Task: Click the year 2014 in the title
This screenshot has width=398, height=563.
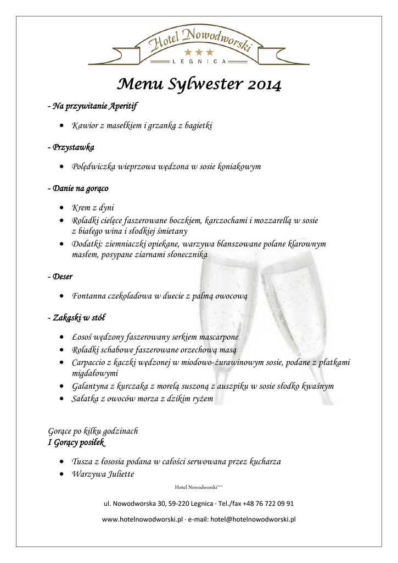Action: tap(262, 85)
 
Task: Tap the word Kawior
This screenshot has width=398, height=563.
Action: tap(85, 126)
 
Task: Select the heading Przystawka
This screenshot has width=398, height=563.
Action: tap(71, 147)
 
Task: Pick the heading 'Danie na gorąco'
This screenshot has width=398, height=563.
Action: tap(78, 189)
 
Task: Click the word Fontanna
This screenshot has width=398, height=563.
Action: tap(89, 296)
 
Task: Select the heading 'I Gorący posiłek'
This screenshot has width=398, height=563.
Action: tap(76, 443)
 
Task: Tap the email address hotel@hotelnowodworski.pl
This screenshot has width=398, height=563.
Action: tap(253, 518)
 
